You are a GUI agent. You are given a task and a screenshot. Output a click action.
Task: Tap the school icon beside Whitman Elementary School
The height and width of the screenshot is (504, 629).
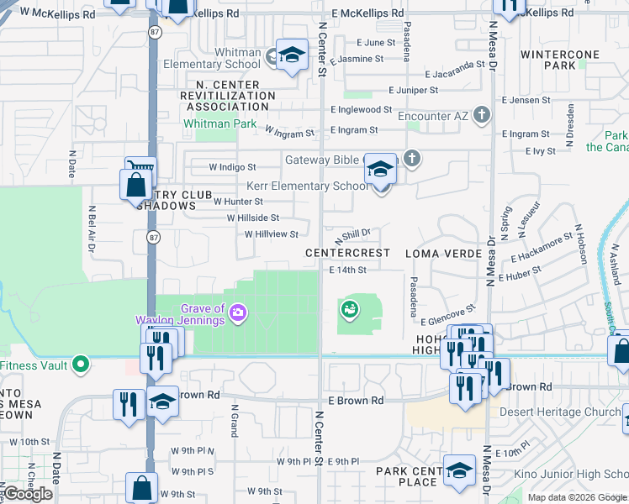click(291, 55)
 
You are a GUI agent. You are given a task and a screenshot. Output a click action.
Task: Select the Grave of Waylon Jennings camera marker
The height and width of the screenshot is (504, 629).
click(239, 312)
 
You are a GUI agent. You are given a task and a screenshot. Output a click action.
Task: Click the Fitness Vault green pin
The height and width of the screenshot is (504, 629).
click(80, 365)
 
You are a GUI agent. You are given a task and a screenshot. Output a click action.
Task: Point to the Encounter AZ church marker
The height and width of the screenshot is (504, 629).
click(481, 114)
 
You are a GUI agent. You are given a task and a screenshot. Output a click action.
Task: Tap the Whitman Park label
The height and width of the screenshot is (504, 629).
click(208, 123)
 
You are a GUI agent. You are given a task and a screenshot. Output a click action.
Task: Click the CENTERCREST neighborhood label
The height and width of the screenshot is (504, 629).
click(347, 253)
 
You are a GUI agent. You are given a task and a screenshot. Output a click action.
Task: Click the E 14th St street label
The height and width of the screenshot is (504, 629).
click(348, 270)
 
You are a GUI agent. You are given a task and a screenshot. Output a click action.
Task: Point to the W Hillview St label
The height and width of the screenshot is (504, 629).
click(271, 234)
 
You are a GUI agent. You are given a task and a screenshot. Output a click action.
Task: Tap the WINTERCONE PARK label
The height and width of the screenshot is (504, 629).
click(559, 60)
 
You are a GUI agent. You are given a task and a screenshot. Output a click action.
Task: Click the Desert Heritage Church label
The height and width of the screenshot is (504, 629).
click(561, 412)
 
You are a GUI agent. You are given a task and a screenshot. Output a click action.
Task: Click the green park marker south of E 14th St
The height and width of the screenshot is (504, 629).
click(349, 310)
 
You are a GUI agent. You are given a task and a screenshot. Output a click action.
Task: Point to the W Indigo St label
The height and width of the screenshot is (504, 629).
click(232, 167)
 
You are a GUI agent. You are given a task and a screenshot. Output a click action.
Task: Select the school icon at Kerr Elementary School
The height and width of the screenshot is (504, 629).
click(380, 171)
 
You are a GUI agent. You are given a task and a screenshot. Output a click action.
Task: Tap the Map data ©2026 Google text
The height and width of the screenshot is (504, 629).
click(576, 497)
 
